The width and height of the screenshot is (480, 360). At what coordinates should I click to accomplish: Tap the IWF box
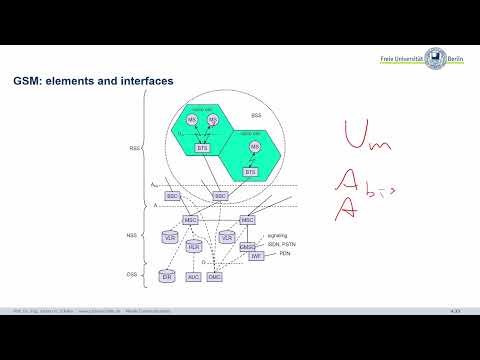coord(256,257)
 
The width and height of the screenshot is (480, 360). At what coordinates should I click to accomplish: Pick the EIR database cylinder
coord(168,274)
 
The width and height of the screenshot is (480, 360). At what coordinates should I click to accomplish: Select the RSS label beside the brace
coord(135,149)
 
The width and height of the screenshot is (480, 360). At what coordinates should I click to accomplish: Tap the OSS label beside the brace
coord(131,272)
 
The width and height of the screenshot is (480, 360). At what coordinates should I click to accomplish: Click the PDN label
coord(270,254)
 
